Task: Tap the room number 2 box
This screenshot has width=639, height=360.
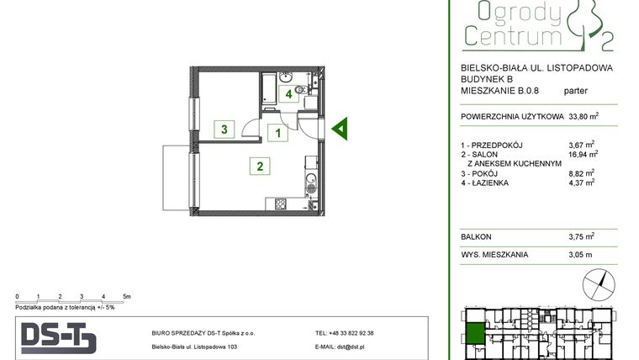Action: point(260,167)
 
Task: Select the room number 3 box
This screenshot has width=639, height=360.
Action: point(224,130)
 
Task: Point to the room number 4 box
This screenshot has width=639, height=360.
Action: point(288,94)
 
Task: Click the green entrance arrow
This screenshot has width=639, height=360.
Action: point(341,129)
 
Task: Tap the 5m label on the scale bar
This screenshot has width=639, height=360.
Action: point(126,297)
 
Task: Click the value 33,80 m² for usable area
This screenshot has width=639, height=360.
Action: point(584,118)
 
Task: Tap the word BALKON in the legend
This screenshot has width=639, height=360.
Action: point(477,236)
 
